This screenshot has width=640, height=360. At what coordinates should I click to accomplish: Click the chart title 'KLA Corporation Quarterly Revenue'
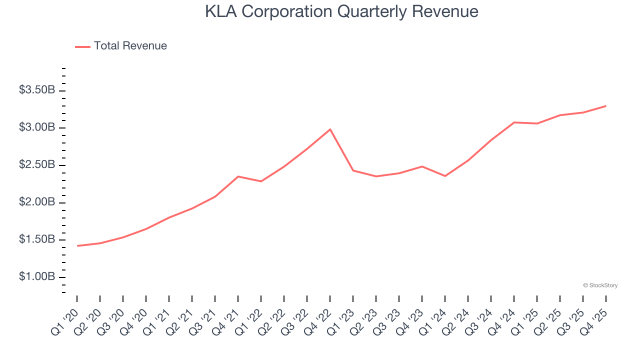click(341, 11)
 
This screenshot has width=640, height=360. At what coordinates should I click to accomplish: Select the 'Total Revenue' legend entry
click(130, 46)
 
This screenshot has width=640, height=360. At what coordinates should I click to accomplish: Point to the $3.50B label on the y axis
click(37, 90)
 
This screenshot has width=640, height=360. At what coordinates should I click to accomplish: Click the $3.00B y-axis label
click(37, 127)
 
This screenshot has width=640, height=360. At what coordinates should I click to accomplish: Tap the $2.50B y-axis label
click(37, 165)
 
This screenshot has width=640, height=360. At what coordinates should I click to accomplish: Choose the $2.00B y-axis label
click(37, 202)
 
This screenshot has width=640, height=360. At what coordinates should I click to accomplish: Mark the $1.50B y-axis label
click(37, 239)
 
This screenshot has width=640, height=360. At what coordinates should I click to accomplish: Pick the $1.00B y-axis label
click(37, 277)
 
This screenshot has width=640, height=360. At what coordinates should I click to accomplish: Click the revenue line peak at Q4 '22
click(330, 129)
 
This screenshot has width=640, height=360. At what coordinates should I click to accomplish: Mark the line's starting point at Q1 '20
click(77, 245)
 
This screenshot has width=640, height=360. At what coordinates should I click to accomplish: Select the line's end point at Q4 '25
click(605, 106)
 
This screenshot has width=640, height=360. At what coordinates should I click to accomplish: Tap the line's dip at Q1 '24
click(445, 176)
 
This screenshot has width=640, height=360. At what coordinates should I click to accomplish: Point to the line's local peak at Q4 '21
click(238, 176)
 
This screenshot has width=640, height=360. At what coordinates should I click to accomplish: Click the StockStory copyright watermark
click(600, 285)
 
